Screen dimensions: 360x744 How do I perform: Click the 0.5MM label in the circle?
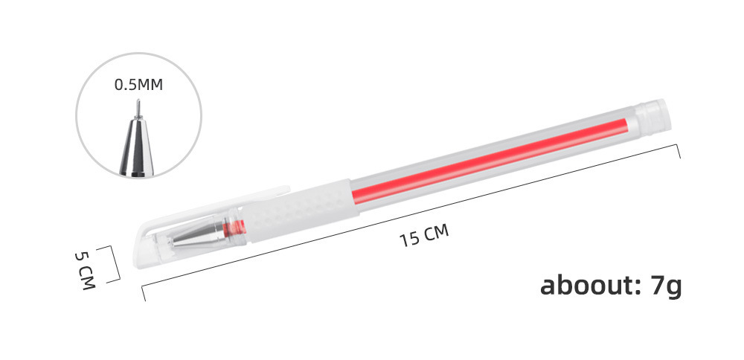(x=138, y=85)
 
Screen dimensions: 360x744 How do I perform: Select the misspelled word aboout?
(x=584, y=285)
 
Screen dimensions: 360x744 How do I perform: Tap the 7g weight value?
(x=664, y=286)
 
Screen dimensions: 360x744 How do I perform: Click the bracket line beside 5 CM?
(x=118, y=264)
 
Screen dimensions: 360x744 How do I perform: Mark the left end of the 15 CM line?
(x=144, y=294)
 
